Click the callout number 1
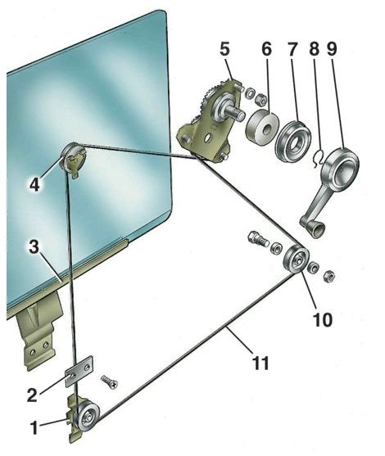[x=34, y=428]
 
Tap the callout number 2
[x=32, y=395]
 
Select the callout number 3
[x=34, y=246]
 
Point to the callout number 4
[x=34, y=184]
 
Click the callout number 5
[x=224, y=48]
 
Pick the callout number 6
[x=266, y=48]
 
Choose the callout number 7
[x=292, y=48]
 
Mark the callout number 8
[x=315, y=48]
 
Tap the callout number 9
[x=332, y=48]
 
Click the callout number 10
[x=323, y=319]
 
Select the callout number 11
[x=260, y=363]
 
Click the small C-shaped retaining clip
[x=319, y=158]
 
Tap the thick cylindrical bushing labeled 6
[x=262, y=127]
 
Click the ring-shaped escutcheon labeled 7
[x=292, y=141]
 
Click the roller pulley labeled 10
[x=296, y=259]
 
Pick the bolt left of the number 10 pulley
[x=258, y=239]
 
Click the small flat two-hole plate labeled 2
[x=79, y=371]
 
